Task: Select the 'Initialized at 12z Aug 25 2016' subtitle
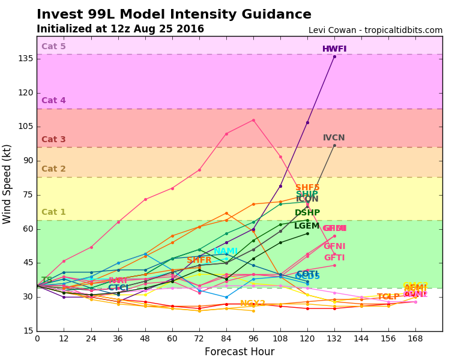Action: [120, 29]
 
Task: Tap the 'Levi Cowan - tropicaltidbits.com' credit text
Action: [375, 30]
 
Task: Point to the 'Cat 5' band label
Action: [53, 46]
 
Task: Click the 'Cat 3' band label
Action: [53, 140]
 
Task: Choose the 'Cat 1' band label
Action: [53, 212]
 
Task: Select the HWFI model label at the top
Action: [334, 49]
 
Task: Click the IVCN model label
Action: [334, 138]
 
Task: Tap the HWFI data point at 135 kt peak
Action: [334, 56]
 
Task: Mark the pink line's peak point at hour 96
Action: [253, 120]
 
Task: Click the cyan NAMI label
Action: [226, 251]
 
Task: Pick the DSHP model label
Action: [307, 213]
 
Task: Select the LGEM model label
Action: [307, 226]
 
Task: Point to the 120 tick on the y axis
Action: [25, 93]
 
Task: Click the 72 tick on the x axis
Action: [199, 339]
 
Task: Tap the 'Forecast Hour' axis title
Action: [239, 352]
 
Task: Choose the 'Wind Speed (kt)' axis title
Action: [8, 184]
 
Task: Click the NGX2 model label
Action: [252, 304]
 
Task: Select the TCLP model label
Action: [388, 297]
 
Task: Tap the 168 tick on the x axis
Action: [415, 339]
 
